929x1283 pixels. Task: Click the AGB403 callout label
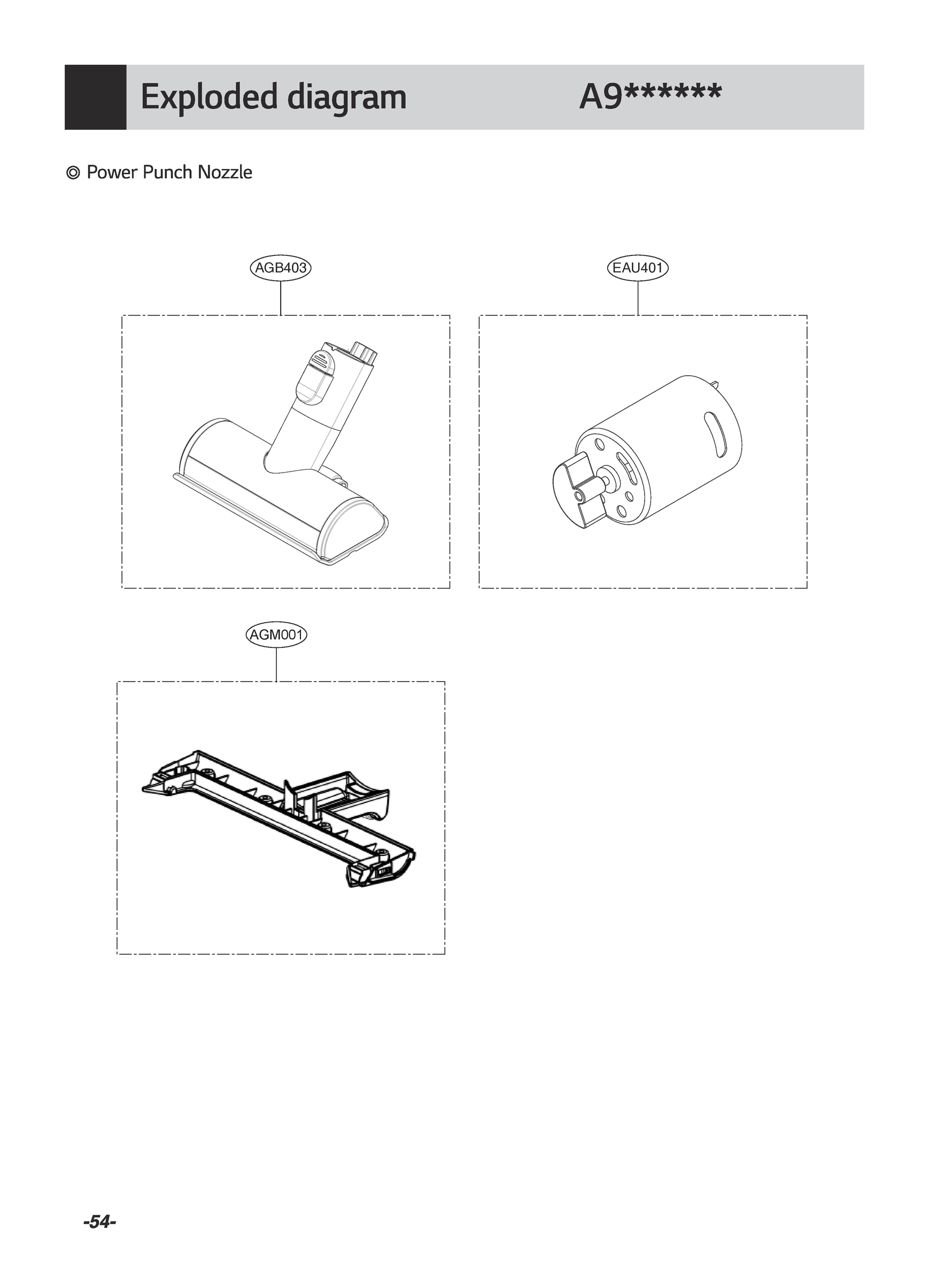[281, 268]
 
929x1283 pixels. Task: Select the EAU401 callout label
[638, 268]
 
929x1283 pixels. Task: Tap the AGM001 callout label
[277, 635]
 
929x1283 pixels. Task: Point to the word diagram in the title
[346, 97]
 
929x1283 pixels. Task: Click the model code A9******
[651, 97]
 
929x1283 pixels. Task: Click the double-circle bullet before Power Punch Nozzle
[73, 173]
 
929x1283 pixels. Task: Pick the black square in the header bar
[95, 97]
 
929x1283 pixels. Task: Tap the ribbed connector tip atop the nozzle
[364, 352]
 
